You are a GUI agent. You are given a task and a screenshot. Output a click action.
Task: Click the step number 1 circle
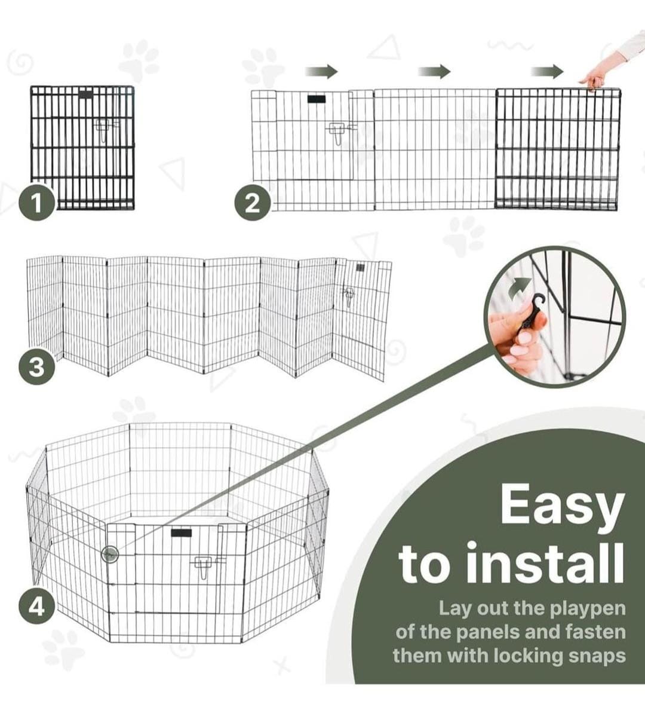37,203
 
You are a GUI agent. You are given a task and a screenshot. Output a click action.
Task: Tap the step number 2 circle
253,203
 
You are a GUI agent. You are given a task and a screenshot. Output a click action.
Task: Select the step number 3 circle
37,367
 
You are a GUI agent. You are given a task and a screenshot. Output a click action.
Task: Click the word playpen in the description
588,609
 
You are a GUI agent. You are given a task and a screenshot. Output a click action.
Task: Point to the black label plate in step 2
317,99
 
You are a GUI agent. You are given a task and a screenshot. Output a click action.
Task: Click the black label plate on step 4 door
181,532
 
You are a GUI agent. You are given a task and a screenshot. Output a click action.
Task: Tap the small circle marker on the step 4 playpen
110,554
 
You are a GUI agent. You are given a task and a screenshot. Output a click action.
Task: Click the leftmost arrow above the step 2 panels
322,72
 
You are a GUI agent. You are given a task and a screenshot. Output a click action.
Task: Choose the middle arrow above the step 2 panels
434,72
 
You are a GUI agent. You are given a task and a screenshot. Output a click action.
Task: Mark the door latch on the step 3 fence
349,296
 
